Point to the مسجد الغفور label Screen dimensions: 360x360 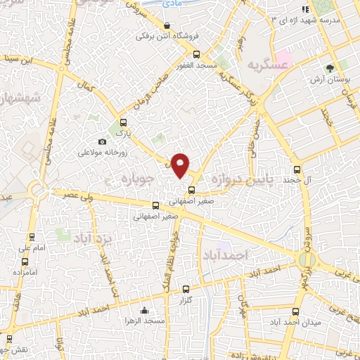(195, 65)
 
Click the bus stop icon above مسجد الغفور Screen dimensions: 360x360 (196, 54)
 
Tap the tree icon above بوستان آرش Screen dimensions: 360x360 (329, 68)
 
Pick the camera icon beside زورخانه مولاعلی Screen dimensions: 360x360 (103, 142)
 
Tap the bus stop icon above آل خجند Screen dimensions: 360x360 (296, 169)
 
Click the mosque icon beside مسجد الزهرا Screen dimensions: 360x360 (144, 311)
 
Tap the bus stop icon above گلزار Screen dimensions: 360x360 (186, 289)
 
